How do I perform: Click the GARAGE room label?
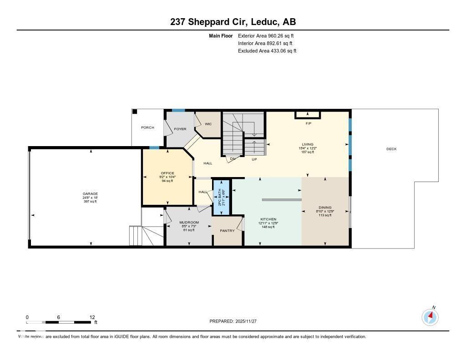pyautogui.click(x=90, y=194)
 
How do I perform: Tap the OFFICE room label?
pyautogui.click(x=167, y=173)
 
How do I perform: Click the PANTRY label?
pyautogui.click(x=227, y=231)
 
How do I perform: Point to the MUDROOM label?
pyautogui.click(x=188, y=223)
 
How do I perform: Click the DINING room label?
pyautogui.click(x=325, y=208)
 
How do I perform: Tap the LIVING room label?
pyautogui.click(x=307, y=145)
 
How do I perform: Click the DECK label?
pyautogui.click(x=391, y=149)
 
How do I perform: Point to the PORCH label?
pyautogui.click(x=147, y=128)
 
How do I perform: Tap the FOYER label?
pyautogui.click(x=180, y=129)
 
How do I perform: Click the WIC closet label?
pyautogui.click(x=208, y=124)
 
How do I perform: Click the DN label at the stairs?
pyautogui.click(x=232, y=159)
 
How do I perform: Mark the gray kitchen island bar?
pyautogui.click(x=282, y=200)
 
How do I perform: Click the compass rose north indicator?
pyautogui.click(x=430, y=316)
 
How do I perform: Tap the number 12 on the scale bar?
pyautogui.click(x=92, y=317)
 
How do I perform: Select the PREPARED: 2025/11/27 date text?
pyautogui.click(x=236, y=321)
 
